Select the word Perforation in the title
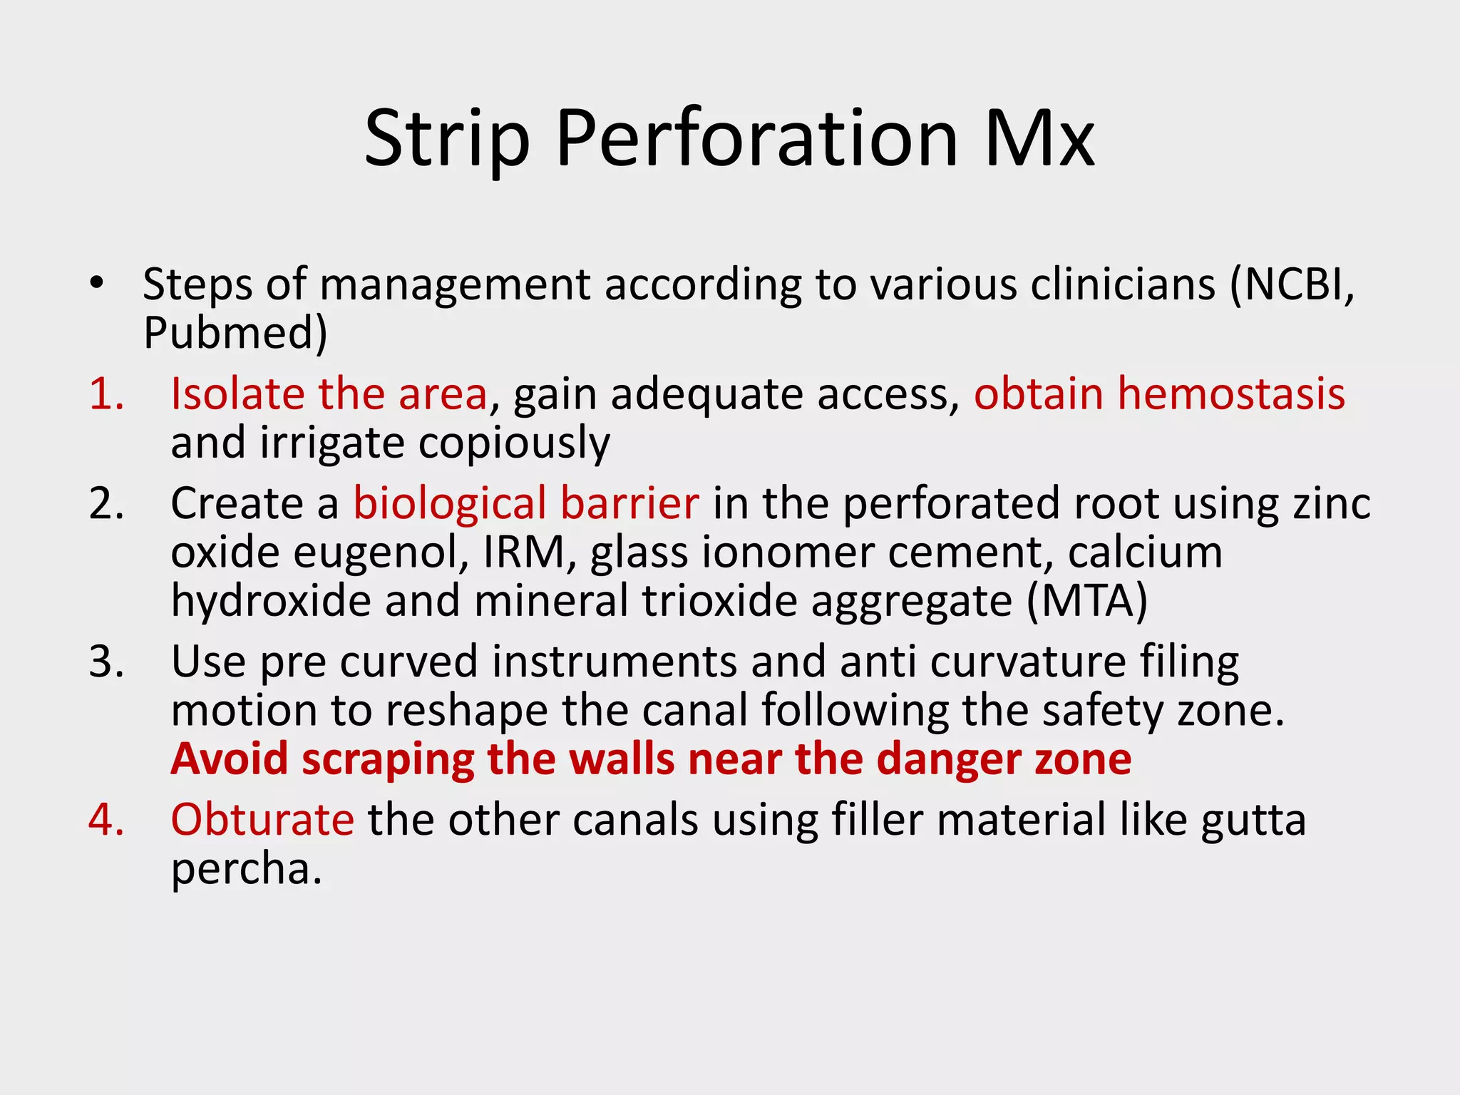pyautogui.click(x=756, y=139)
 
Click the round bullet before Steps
pyautogui.click(x=97, y=283)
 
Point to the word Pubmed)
pyautogui.click(x=235, y=333)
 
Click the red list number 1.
pyautogui.click(x=106, y=394)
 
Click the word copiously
pyautogui.click(x=514, y=443)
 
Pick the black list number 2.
pyautogui.click(x=106, y=503)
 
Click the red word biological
pyautogui.click(x=449, y=503)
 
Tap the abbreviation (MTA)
pyautogui.click(x=1087, y=601)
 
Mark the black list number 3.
pyautogui.click(x=106, y=662)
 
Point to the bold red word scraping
pyautogui.click(x=389, y=760)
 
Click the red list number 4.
pyautogui.click(x=106, y=820)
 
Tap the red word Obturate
pyautogui.click(x=262, y=820)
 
